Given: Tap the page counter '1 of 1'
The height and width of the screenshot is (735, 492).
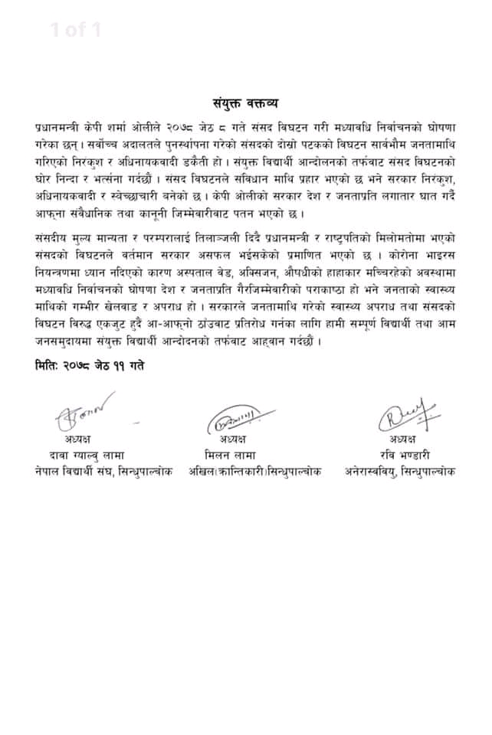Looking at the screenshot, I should (76, 31).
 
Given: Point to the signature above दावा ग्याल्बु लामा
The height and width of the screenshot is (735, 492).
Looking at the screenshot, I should (83, 413).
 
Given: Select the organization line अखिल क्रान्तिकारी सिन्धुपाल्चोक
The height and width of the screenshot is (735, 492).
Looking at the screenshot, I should (246, 471).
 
